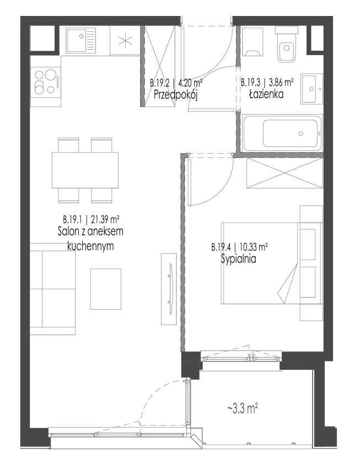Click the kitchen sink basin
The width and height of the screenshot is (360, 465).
click(x=81, y=41)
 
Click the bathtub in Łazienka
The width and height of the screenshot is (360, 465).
click(x=282, y=133)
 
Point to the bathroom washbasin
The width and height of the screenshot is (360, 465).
click(x=311, y=89)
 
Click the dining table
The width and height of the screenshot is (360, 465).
click(x=85, y=170)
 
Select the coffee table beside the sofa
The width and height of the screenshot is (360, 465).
click(x=106, y=289)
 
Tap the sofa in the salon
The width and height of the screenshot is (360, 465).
click(x=52, y=289)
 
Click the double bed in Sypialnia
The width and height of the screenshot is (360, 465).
click(x=271, y=263)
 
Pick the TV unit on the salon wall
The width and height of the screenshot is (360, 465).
click(x=169, y=289)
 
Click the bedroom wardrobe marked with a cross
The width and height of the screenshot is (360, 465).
click(x=284, y=172)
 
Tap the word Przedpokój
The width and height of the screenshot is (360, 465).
click(x=176, y=95)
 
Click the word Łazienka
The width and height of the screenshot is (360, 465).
click(x=266, y=94)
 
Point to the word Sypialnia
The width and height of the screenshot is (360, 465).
click(x=239, y=259)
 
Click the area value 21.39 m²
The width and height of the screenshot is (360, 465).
click(x=105, y=219)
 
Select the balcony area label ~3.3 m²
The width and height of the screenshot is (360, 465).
click(x=243, y=409)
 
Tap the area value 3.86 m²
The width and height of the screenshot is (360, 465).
click(x=280, y=82)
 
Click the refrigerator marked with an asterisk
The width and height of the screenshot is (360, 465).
click(x=125, y=41)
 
